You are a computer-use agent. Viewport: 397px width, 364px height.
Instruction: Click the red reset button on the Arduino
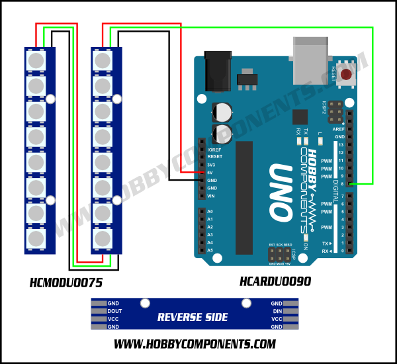point(345,74)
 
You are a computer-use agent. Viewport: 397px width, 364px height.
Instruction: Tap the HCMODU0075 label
point(66,283)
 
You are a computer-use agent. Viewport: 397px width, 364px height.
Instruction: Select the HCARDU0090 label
point(275,282)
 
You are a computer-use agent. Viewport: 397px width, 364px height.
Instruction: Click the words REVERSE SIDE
point(193,318)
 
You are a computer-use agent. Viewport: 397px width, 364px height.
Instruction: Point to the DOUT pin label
point(114,311)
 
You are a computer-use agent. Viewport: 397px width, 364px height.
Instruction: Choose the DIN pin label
point(277,311)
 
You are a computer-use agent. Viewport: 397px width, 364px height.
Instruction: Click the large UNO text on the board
point(280,192)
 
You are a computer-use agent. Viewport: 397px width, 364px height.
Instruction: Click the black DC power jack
point(218,70)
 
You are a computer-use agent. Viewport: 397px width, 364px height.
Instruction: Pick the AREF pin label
point(339,129)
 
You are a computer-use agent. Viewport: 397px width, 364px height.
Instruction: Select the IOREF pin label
point(214,150)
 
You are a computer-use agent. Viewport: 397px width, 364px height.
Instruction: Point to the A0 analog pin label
point(210,211)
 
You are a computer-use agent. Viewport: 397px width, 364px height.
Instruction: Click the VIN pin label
point(211,196)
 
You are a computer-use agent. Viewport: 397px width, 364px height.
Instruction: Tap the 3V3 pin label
point(211,165)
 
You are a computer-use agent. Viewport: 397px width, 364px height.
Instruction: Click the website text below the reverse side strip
point(195,344)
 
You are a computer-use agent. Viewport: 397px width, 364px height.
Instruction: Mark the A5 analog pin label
point(210,250)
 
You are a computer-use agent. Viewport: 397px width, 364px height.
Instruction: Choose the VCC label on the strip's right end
point(276,319)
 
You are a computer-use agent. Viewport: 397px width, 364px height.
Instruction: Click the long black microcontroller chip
point(243,197)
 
